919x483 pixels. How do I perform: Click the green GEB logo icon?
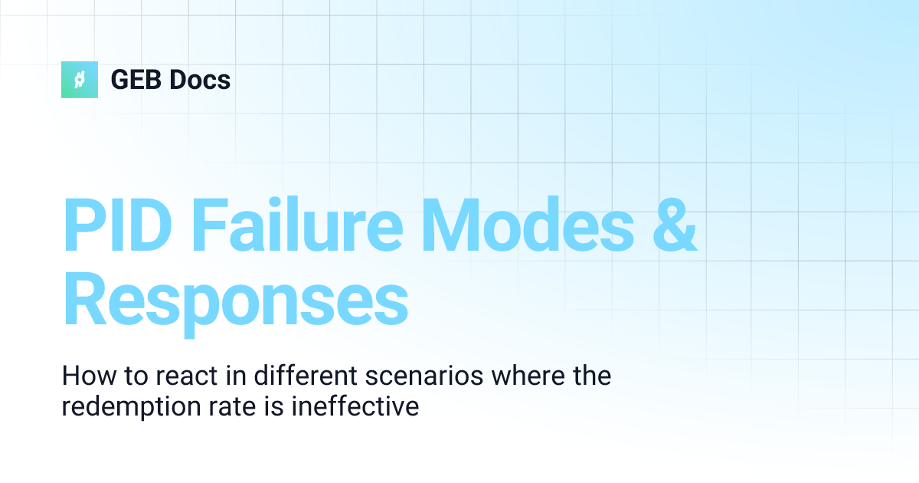pos(80,80)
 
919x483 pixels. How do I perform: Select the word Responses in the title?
pos(235,301)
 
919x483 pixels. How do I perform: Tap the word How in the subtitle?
pos(85,376)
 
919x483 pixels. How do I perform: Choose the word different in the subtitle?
pos(288,376)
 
